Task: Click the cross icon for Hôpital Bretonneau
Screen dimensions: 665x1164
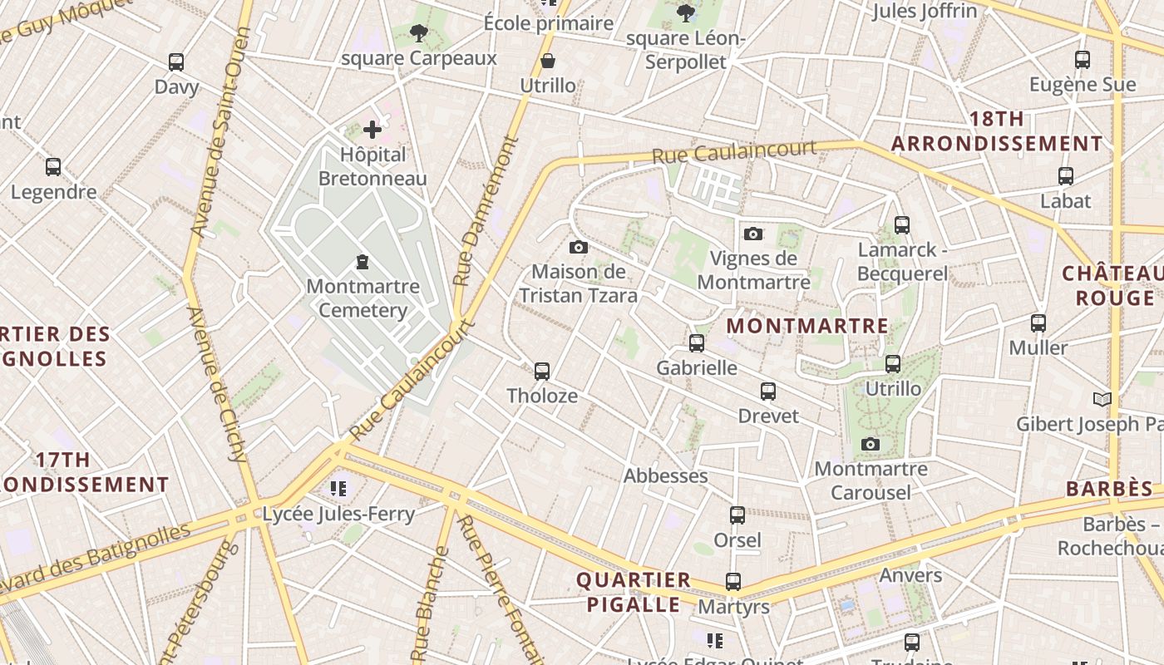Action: point(372,129)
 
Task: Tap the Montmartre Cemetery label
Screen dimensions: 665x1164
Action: point(363,298)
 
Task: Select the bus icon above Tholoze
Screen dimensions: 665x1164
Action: point(542,371)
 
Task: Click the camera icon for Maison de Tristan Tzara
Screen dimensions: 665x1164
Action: point(579,247)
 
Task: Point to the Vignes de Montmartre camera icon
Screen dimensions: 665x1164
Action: point(753,234)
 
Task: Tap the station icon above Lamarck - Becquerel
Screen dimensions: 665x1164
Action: point(902,224)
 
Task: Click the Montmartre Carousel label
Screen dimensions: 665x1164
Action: point(871,480)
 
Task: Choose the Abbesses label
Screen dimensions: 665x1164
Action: point(666,475)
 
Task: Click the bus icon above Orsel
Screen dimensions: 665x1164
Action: point(737,515)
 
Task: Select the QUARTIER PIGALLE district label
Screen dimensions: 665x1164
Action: point(634,592)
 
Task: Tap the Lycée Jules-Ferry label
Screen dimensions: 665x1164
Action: point(338,514)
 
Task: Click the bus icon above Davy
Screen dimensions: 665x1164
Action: point(176,62)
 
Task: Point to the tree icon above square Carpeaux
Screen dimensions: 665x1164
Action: point(418,33)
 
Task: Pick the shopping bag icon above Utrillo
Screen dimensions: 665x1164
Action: point(548,61)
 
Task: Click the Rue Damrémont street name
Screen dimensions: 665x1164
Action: point(486,212)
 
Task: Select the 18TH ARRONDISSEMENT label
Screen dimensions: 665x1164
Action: point(997,131)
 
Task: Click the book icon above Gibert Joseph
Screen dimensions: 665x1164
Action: point(1102,399)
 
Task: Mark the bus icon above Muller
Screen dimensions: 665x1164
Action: point(1038,323)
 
